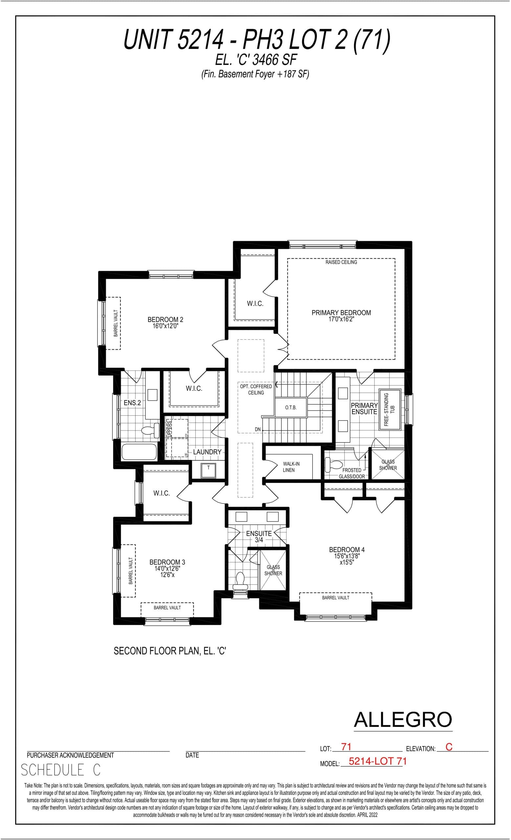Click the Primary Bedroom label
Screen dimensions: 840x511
pos(341,313)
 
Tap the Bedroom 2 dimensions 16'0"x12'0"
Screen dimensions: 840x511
pos(166,326)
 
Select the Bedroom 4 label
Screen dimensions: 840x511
pos(346,550)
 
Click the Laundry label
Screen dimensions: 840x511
pos(207,452)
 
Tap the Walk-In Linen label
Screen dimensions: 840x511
pos(291,467)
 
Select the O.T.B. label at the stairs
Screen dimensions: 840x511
pos(291,408)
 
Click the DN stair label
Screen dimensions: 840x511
pos(258,429)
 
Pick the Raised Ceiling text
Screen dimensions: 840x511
pos(341,262)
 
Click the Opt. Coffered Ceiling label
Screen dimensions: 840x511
pos(256,389)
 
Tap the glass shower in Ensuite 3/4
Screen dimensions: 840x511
pos(273,570)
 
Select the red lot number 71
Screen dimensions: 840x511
pos(346,747)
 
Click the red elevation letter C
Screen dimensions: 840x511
pos(449,747)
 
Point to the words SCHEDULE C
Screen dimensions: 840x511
pos(61,770)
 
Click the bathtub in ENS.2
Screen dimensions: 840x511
pos(139,452)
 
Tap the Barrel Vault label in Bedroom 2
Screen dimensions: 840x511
pos(116,323)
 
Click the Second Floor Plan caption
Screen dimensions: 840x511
pos(170,651)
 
